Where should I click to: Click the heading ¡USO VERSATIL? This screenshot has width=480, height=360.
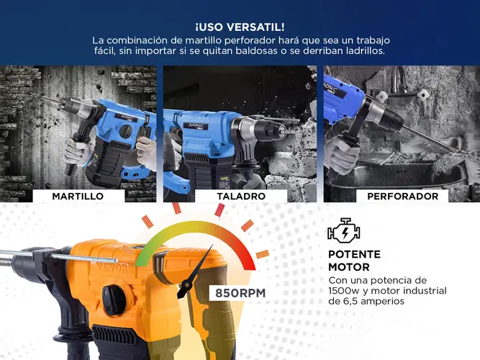tap(240, 27)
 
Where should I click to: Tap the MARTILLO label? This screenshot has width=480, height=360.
tap(78, 196)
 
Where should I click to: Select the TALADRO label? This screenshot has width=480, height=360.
tap(241, 196)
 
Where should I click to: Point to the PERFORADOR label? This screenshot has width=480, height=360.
tap(402, 196)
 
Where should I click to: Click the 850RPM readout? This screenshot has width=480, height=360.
tap(240, 293)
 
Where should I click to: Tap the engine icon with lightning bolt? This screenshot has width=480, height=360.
tap(343, 230)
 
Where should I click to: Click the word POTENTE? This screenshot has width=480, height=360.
tap(354, 254)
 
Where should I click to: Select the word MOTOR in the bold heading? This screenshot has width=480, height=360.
tap(349, 267)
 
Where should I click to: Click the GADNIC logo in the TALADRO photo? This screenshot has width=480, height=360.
tap(197, 126)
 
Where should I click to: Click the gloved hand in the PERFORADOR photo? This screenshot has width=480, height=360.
tap(341, 154)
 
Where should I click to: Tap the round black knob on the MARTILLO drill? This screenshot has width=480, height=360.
tap(125, 131)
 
